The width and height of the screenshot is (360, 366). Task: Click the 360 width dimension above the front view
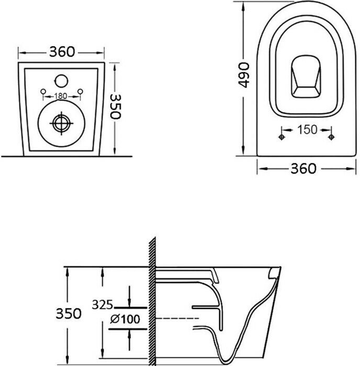[62, 52]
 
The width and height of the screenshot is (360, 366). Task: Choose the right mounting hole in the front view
[80, 93]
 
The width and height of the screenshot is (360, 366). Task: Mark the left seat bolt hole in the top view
[282, 137]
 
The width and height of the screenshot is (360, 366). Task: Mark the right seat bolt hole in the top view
[331, 137]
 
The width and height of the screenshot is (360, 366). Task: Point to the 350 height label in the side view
[69, 313]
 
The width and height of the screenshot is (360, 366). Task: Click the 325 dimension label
[102, 303]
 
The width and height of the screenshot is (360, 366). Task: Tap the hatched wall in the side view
[153, 303]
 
